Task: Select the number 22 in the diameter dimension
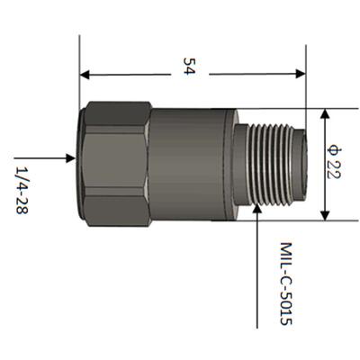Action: coord(333,172)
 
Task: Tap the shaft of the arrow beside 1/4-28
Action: coord(49,157)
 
